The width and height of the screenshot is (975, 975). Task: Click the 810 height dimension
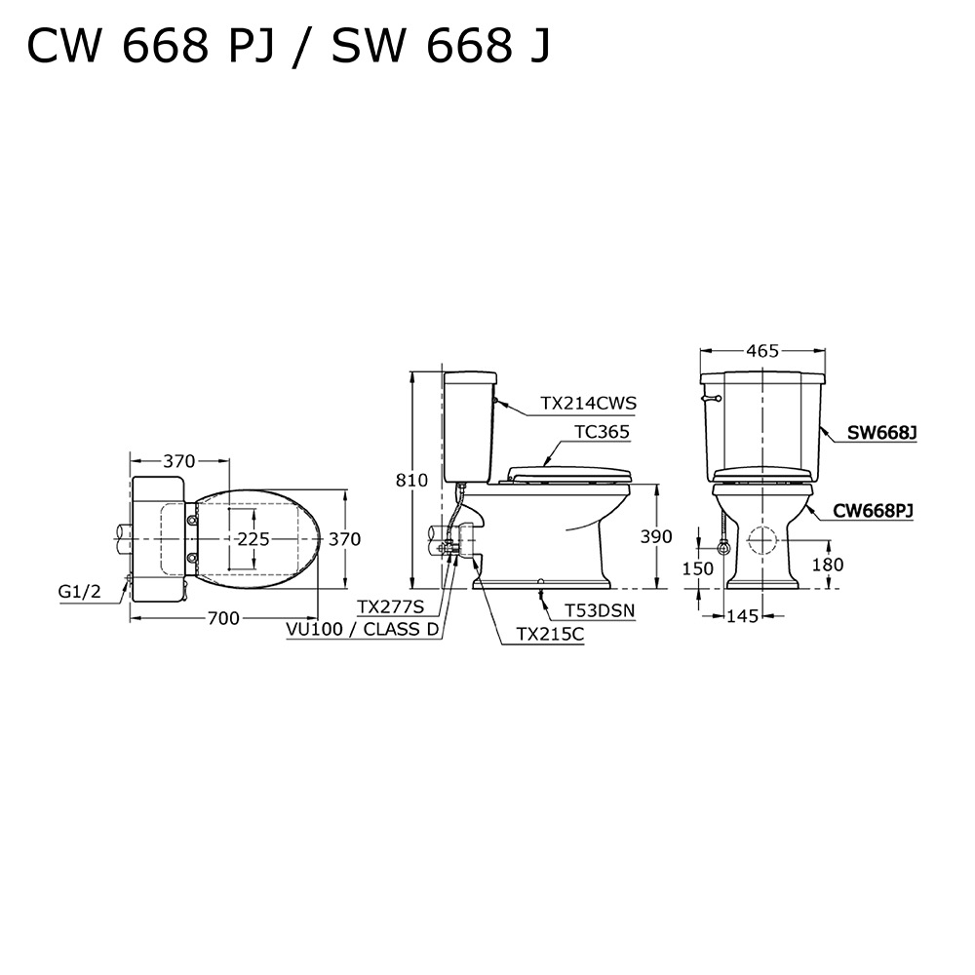click(x=412, y=480)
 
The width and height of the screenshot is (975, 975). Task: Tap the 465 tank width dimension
click(x=762, y=351)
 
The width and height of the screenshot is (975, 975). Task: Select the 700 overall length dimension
click(x=223, y=618)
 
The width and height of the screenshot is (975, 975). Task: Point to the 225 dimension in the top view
click(x=253, y=538)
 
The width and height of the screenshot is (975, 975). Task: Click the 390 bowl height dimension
click(x=656, y=536)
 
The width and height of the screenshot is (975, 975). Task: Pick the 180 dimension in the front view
click(x=828, y=565)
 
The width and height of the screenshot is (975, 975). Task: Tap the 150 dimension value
click(x=698, y=568)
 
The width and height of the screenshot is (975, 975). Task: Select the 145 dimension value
click(x=743, y=616)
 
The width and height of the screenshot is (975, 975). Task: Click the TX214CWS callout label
click(x=588, y=403)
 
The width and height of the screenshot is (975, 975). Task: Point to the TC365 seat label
click(x=602, y=432)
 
